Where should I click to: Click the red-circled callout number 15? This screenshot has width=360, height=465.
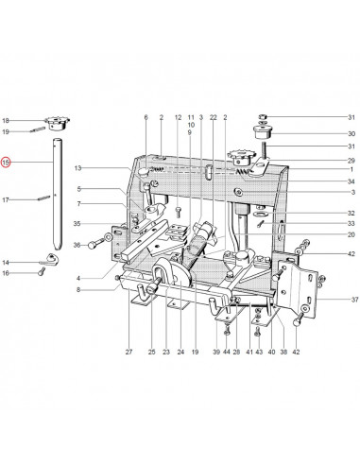point(6,163)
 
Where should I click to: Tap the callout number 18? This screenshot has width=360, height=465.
point(6,121)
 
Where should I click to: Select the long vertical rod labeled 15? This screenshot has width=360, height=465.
point(57,194)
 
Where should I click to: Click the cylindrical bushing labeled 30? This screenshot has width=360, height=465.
point(263,132)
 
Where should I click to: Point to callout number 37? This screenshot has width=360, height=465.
point(355,300)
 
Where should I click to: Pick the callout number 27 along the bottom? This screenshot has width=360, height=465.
point(129,352)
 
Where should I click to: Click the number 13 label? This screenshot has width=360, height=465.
point(77,168)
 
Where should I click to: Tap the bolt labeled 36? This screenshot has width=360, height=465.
point(96,243)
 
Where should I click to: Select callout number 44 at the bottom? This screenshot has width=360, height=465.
point(227,352)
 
